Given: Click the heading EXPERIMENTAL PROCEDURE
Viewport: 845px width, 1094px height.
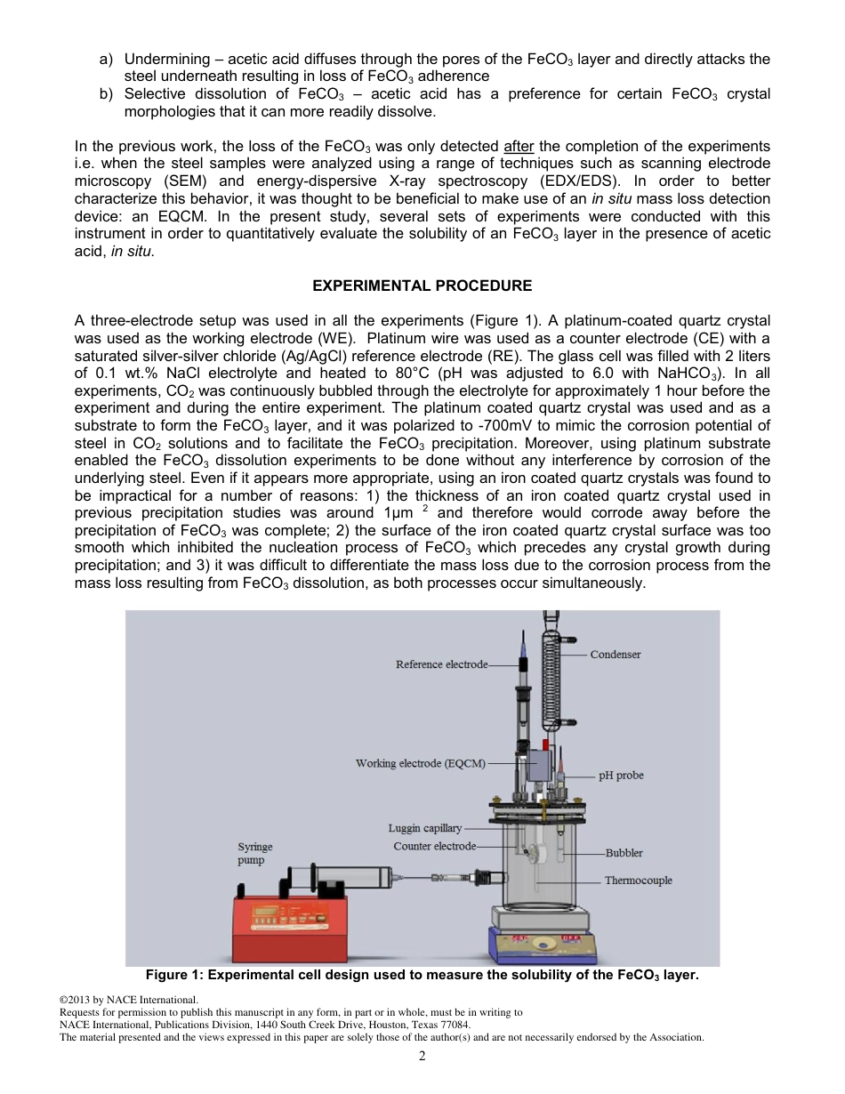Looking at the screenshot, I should click(x=422, y=286).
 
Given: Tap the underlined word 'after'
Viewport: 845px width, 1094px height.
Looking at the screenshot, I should click(x=519, y=146).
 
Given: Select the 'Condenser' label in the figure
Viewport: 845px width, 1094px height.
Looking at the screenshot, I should click(x=616, y=655).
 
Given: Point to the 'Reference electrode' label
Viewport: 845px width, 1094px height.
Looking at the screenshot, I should click(x=441, y=664).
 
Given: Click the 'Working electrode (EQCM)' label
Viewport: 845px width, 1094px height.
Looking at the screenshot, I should click(x=421, y=763).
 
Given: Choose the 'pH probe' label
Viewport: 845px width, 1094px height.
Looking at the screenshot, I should click(x=621, y=776).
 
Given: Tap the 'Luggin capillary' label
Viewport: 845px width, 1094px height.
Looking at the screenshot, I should click(x=424, y=829).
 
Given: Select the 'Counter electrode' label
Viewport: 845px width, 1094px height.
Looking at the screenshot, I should click(x=434, y=846).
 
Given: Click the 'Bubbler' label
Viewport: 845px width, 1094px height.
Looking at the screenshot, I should click(x=624, y=853).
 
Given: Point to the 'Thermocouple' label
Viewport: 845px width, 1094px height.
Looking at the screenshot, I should click(x=638, y=881).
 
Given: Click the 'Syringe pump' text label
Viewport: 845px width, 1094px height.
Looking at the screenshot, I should click(x=254, y=854).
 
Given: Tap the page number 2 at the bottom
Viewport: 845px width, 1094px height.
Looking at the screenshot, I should click(x=422, y=1056).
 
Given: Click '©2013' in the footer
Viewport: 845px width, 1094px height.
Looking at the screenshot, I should click(x=76, y=1000).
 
